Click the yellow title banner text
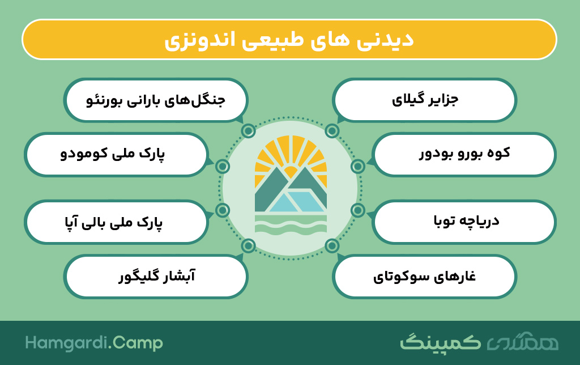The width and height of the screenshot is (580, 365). pos(289,40)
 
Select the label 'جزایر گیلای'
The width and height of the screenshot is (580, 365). pos(425,100)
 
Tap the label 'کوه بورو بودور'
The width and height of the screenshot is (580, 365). pos(464,153)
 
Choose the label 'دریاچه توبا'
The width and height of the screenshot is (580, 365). pos(467,221)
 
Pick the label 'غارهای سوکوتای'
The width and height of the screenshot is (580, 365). pos(424,277)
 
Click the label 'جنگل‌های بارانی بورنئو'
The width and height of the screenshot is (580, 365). pos(156,100)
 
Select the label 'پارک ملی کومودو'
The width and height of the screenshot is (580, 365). pos(113,154)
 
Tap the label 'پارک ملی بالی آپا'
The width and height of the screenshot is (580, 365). pos(113,222)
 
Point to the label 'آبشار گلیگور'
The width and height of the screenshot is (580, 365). pos(156,276)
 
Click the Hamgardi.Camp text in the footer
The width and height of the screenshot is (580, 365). pos(94,343)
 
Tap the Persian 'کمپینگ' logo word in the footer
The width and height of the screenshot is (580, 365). pos(440,342)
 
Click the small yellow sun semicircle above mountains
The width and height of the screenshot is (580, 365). pos(291,172)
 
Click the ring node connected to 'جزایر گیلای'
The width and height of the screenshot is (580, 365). pos(332,131)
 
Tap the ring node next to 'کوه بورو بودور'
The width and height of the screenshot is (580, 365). pos(358,167)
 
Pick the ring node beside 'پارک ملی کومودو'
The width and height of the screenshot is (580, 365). pos(223,167)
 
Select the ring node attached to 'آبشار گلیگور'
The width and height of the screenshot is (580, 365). pos(248,245)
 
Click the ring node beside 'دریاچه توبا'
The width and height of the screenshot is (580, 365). pos(358,210)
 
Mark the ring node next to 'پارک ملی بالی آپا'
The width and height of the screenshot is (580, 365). pos(223,210)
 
